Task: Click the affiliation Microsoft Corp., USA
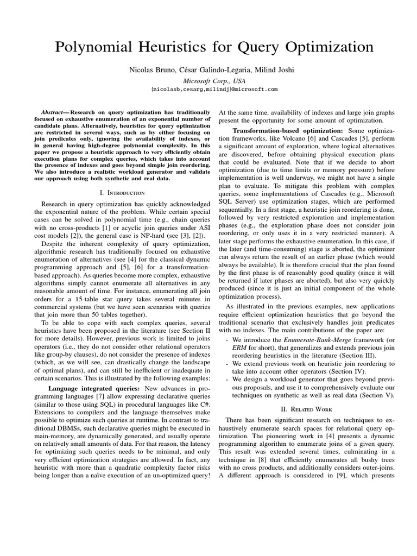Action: coord(208,80)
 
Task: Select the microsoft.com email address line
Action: coord(208,89)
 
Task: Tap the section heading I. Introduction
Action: coord(122,192)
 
